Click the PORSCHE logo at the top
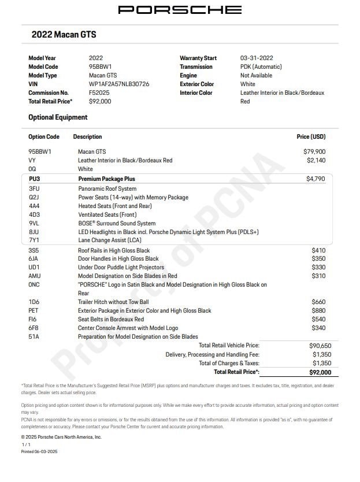pyautogui.click(x=180, y=10)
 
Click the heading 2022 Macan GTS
pyautogui.click(x=64, y=35)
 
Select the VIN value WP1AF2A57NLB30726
pyautogui.click(x=119, y=84)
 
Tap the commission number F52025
pyautogui.click(x=99, y=92)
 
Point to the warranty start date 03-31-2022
pyautogui.click(x=257, y=58)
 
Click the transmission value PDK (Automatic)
pyautogui.click(x=261, y=66)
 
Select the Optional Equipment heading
pyautogui.click(x=58, y=117)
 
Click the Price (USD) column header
pyautogui.click(x=311, y=137)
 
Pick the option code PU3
pyautogui.click(x=34, y=179)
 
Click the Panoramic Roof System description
pyautogui.click(x=107, y=188)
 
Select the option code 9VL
pyautogui.click(x=34, y=223)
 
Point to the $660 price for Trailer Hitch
pyautogui.click(x=318, y=302)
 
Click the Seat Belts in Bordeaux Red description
pyautogui.click(x=111, y=319)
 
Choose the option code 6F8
pyautogui.click(x=34, y=328)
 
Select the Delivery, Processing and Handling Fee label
pyautogui.click(x=212, y=354)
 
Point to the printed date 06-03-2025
pyautogui.click(x=46, y=451)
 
